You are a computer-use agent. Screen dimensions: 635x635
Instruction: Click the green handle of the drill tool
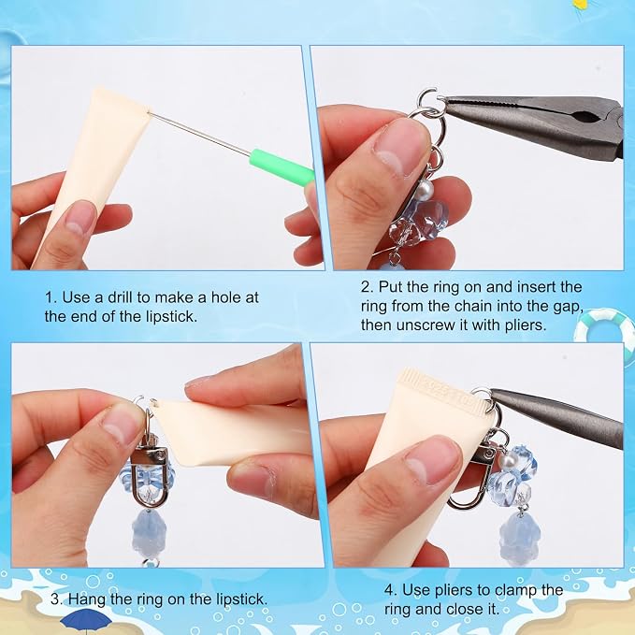(282, 167)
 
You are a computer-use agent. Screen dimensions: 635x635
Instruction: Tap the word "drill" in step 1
(120, 297)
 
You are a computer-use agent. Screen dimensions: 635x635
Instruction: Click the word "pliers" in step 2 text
(526, 325)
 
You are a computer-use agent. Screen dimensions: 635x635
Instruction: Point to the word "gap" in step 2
(569, 307)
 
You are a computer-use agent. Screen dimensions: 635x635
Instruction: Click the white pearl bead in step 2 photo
(424, 188)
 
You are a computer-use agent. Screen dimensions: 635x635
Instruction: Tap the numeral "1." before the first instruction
(51, 297)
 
